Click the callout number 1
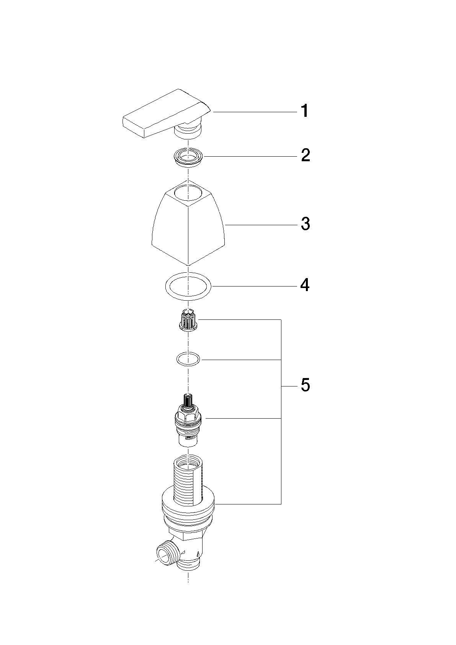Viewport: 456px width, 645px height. click(x=305, y=111)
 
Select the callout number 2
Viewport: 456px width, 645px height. click(x=306, y=155)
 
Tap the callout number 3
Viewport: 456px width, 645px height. click(x=306, y=224)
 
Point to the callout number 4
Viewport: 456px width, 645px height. click(x=305, y=285)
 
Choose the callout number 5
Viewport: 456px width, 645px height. click(x=306, y=385)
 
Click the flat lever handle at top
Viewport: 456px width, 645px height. click(x=167, y=115)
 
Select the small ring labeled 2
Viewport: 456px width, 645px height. click(x=188, y=157)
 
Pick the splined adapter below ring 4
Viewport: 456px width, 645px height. click(x=188, y=320)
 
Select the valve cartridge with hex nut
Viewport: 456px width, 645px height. click(x=188, y=421)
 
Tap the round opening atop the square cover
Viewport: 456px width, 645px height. click(x=188, y=193)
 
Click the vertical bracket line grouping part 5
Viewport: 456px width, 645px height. click(x=281, y=412)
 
